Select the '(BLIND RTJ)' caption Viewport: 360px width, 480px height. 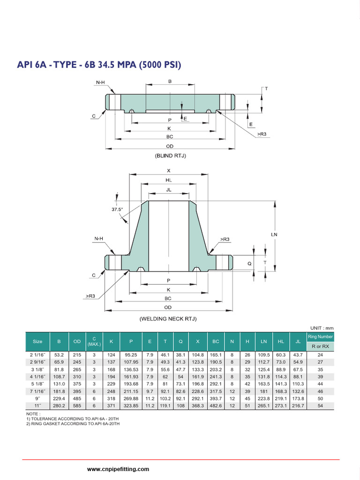[170, 156]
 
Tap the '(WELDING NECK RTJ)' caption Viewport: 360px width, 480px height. [168, 319]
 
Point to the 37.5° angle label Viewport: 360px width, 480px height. [117, 210]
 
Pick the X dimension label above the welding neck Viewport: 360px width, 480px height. [169, 171]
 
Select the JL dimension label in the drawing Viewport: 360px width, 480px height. [169, 190]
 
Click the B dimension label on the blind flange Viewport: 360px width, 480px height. [170, 81]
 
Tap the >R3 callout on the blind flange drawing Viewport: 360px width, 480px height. [262, 134]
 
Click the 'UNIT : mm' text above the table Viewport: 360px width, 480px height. [322, 328]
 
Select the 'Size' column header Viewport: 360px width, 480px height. [37, 341]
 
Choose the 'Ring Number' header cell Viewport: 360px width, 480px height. [320, 337]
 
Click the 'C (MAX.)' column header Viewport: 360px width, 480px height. [94, 341]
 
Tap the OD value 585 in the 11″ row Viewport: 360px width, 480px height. [76, 405]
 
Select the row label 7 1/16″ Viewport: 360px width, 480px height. [37, 391]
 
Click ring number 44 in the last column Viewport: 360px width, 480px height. [320, 383]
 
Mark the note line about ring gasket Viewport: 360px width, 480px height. [74, 424]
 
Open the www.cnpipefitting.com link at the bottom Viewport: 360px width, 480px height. [118, 469]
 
